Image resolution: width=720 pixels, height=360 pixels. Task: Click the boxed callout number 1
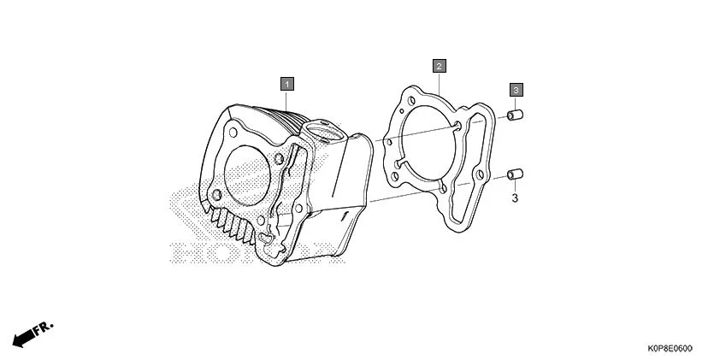[287, 83]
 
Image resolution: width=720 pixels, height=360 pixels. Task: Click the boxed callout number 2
[438, 66]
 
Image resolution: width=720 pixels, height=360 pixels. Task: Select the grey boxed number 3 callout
[516, 89]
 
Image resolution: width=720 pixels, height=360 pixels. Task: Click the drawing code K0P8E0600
[670, 348]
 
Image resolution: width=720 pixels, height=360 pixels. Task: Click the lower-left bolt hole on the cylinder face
[216, 196]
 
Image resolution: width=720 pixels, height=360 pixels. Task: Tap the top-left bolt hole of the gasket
[401, 107]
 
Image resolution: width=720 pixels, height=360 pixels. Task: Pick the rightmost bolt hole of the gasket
[480, 175]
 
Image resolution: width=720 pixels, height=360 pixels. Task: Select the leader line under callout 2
[438, 82]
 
